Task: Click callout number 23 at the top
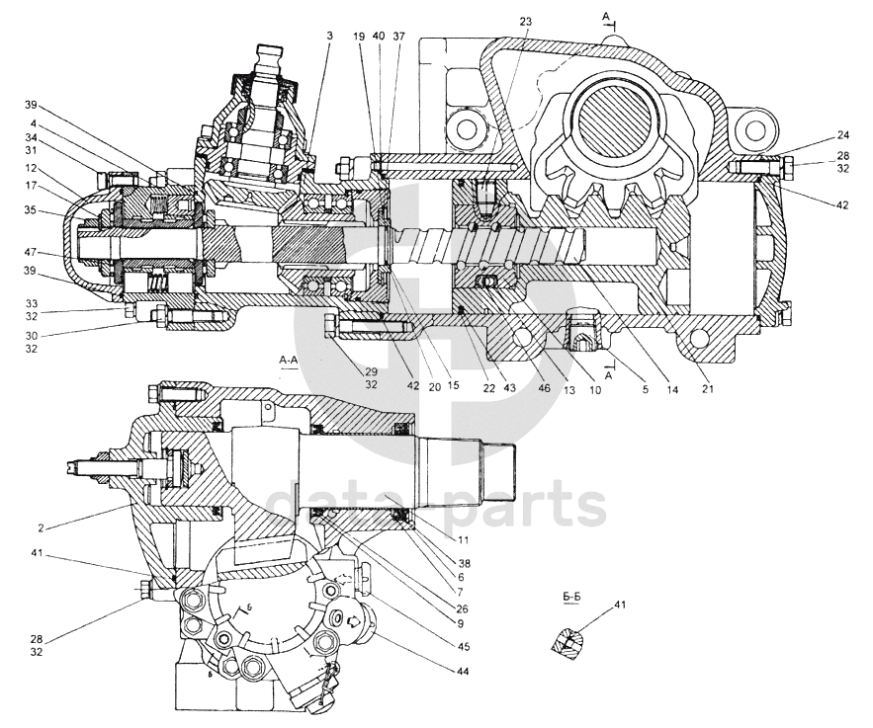point(524,22)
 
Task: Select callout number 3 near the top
point(329,36)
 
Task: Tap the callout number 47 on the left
point(31,253)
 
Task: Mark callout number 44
point(463,672)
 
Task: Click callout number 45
point(463,647)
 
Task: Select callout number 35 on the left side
point(31,209)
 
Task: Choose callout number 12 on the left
point(31,169)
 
